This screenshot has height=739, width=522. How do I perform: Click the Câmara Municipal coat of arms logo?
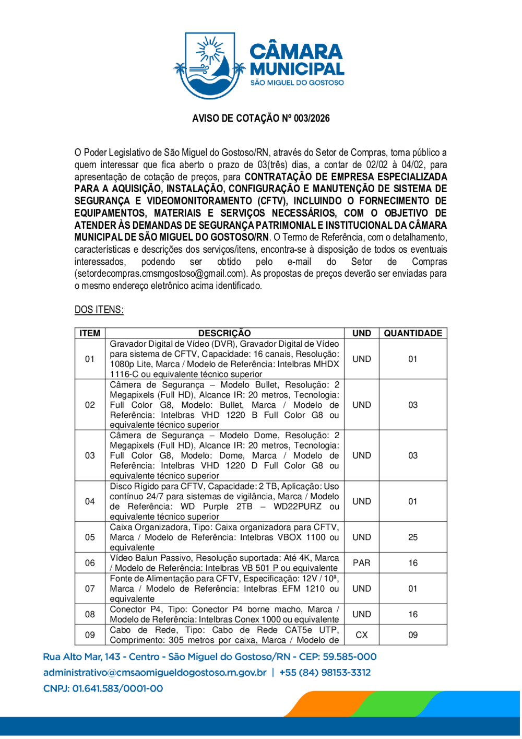[209, 65]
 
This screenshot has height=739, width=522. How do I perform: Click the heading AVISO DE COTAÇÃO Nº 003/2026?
[261, 119]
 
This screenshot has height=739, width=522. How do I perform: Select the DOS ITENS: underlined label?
[99, 310]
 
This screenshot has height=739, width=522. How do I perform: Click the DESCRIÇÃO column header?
[224, 333]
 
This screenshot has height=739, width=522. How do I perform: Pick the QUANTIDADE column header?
[413, 333]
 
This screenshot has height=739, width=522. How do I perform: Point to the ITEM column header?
[90, 333]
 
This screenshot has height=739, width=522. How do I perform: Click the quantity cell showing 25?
[413, 537]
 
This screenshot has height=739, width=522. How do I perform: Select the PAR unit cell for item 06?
[361, 563]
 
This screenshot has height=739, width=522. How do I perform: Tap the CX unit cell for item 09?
[361, 635]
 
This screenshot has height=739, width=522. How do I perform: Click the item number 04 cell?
[90, 501]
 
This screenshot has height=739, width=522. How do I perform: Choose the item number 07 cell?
[90, 589]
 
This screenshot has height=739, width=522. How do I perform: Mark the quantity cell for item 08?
[413, 614]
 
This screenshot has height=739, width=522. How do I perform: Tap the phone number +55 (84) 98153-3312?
[325, 673]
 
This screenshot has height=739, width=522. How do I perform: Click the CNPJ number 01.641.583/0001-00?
[117, 689]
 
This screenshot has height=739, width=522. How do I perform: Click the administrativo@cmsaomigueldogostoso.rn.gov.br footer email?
[155, 673]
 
